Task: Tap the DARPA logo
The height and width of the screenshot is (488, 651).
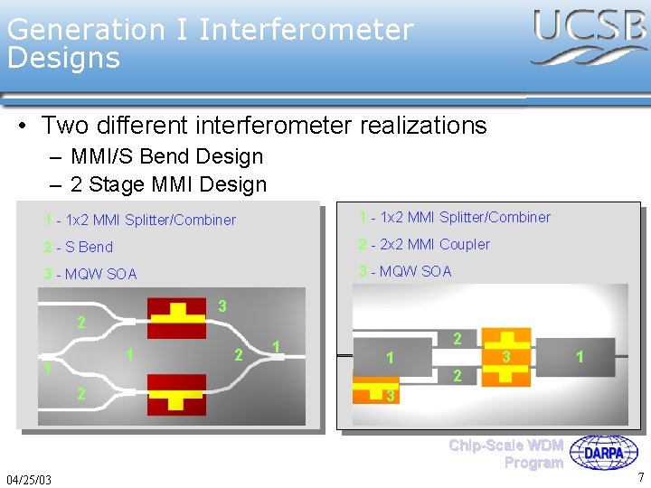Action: [x=609, y=453]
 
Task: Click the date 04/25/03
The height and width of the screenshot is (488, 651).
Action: [x=28, y=478]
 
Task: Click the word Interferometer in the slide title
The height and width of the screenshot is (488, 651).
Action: [x=306, y=29]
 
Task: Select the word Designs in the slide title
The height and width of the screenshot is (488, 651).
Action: [x=63, y=59]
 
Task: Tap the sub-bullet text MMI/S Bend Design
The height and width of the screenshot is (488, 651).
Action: [x=166, y=156]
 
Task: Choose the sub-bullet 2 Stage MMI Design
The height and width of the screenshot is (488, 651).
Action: [x=168, y=184]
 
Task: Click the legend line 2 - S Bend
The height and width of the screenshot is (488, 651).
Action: [x=79, y=247]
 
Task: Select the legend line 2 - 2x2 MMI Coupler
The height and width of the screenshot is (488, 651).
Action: [x=424, y=244]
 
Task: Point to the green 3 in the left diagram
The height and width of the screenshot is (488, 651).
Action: [x=222, y=306]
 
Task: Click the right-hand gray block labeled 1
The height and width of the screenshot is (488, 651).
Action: [x=580, y=357]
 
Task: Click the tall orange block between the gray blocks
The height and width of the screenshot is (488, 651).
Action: [x=505, y=357]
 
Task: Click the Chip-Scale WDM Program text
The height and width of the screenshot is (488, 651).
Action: [x=506, y=454]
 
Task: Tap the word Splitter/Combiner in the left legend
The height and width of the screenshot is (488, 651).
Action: [x=180, y=220]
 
